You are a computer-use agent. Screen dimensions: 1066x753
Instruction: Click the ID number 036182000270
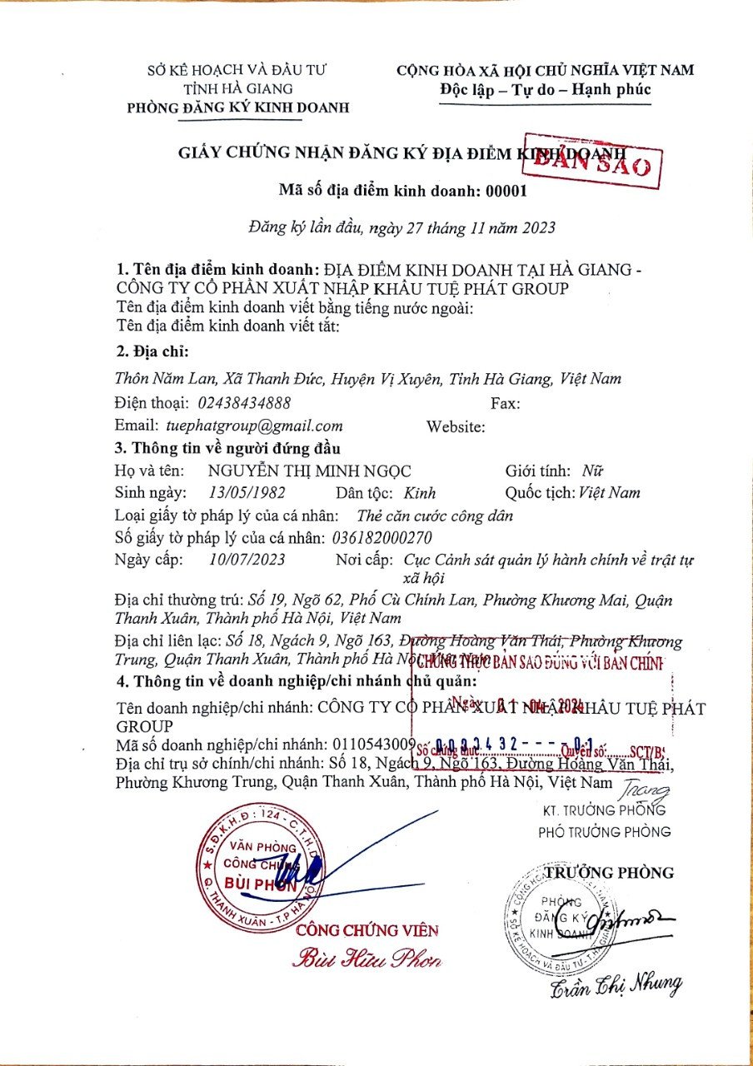[x=381, y=537]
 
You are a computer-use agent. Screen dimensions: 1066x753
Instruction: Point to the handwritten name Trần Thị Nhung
[x=616, y=985]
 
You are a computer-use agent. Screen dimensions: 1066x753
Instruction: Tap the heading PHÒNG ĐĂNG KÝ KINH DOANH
[x=237, y=107]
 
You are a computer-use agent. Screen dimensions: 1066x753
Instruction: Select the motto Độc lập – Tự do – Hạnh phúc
[x=546, y=89]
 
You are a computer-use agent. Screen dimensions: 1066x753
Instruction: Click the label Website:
[x=456, y=426]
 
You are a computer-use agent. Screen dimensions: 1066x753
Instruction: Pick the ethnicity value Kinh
[x=420, y=492]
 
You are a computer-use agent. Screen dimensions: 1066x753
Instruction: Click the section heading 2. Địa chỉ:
[x=152, y=351]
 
